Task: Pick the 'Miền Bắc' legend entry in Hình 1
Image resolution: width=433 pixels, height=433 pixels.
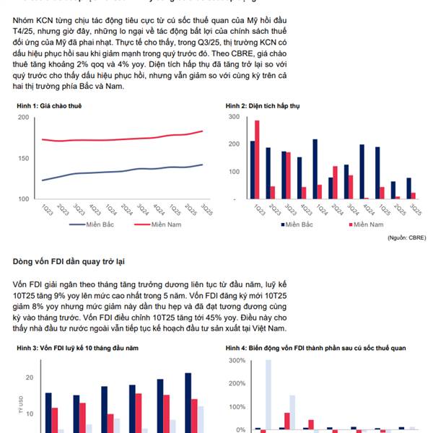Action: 97,225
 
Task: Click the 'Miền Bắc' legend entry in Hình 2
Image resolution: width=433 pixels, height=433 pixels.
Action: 299,225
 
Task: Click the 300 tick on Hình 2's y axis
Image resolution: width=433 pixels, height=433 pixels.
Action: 233,117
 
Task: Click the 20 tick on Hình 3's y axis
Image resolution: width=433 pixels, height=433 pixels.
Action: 29,377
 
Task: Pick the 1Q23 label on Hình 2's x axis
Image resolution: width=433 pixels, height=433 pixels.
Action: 256,209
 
